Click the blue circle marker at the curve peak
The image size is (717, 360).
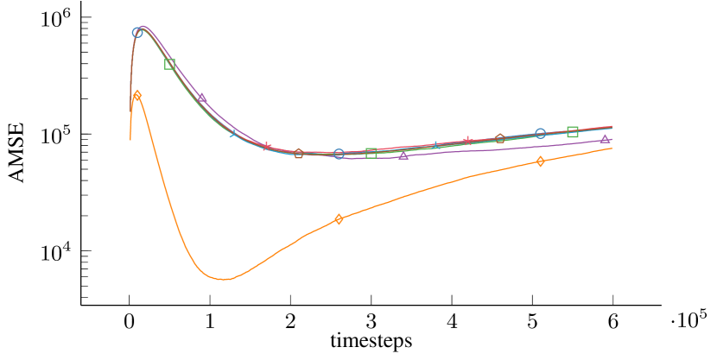tap(137, 33)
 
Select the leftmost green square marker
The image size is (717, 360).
tap(170, 64)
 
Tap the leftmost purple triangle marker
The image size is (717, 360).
tap(202, 98)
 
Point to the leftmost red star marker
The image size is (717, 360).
tap(267, 147)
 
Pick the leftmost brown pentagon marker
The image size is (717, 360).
tap(299, 154)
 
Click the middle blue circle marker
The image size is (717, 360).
tap(339, 155)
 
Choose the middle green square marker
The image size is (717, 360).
tap(371, 153)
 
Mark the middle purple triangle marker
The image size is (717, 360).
tap(403, 155)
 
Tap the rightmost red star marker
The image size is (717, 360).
tap(467, 141)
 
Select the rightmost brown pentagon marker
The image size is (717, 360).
tap(500, 138)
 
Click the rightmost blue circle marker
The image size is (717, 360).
tap(540, 133)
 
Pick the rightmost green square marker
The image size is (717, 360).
tap(573, 131)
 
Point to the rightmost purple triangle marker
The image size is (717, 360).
tap(605, 138)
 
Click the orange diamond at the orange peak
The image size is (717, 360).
tap(137, 95)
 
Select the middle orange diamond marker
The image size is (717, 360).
tap(339, 219)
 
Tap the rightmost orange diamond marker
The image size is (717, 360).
tap(540, 161)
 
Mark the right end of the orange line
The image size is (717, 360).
tap(612, 148)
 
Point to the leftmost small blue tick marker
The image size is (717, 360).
tap(233, 133)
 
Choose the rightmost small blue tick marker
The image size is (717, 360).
tap(435, 145)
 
